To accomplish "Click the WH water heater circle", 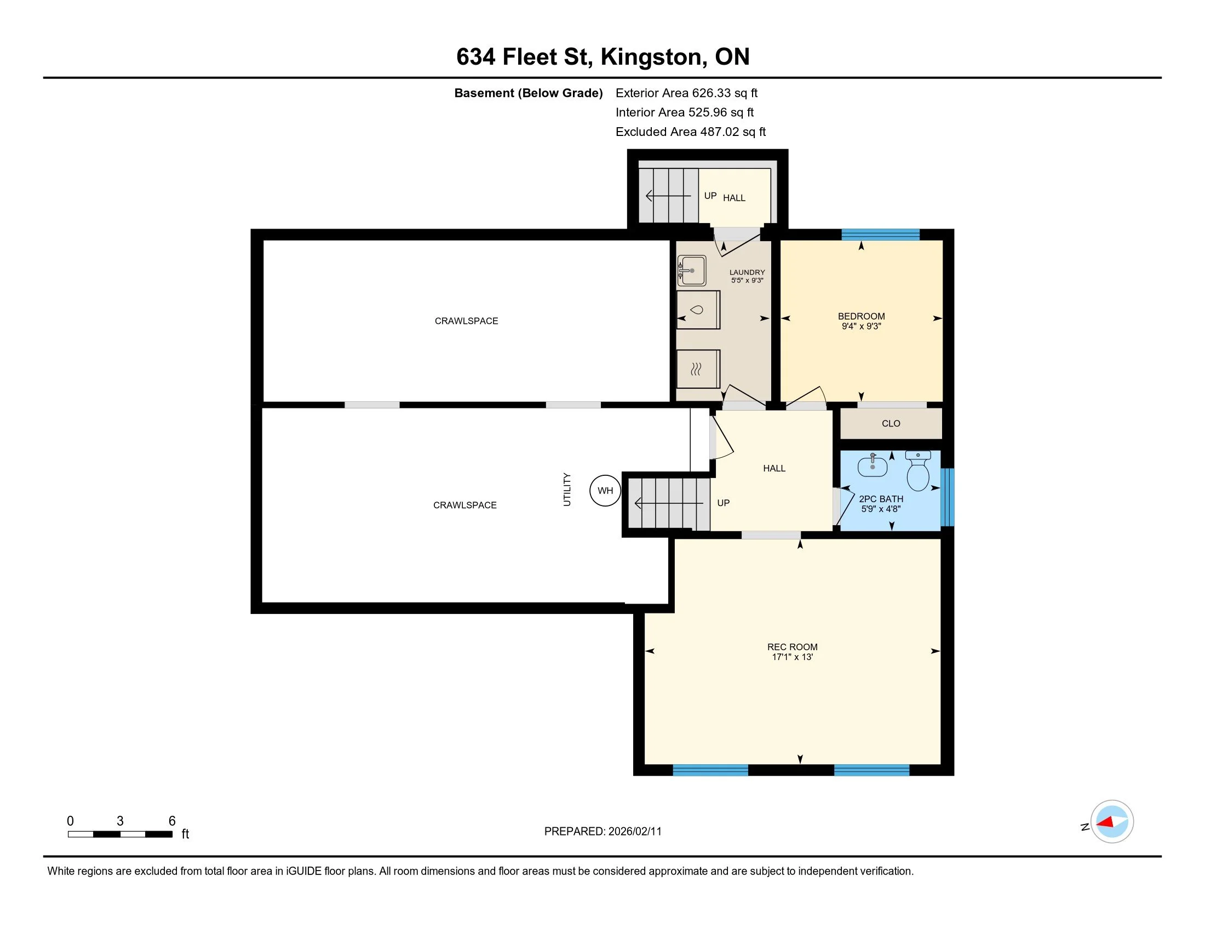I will click(605, 490).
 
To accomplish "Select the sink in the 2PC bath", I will click(873, 467).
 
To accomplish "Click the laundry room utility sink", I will click(692, 270).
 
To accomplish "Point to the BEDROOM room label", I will click(861, 316).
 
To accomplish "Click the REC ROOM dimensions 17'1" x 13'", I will click(793, 657).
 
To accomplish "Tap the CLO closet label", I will click(891, 423).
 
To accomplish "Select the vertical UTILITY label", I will click(567, 489).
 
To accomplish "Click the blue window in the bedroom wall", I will click(880, 234).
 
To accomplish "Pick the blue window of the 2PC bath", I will click(947, 497).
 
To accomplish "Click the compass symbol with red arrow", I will click(1112, 822).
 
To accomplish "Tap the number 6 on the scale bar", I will click(172, 821).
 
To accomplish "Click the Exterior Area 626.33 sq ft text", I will click(686, 93).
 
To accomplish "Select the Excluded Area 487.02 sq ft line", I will click(690, 132).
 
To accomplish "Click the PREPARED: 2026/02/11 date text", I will click(602, 832).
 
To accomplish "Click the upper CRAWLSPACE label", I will click(466, 321).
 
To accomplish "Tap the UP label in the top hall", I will click(710, 196).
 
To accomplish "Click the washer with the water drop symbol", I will click(698, 310).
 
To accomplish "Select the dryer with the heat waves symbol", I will click(698, 369).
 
